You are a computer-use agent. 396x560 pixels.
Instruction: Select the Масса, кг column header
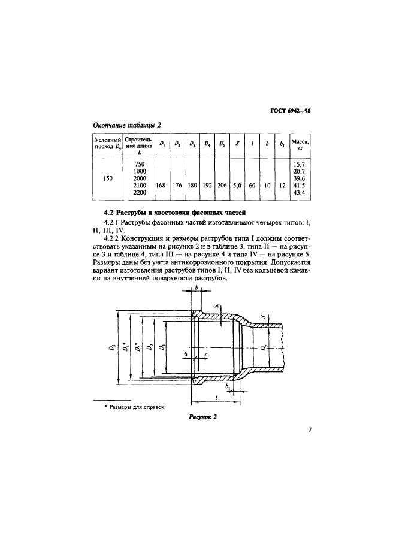click(298, 145)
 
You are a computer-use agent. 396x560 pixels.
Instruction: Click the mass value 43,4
click(297, 193)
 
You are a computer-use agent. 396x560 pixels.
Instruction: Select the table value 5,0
click(237, 186)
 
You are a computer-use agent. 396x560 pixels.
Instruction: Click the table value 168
click(161, 186)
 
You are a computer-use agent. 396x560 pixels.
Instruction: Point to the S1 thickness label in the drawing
click(218, 309)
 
